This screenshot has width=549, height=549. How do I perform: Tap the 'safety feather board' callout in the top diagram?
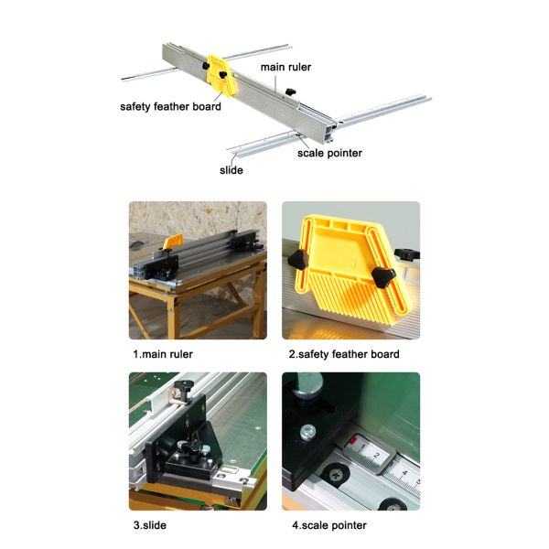click(x=170, y=106)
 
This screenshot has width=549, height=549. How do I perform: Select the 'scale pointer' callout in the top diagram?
click(x=329, y=153)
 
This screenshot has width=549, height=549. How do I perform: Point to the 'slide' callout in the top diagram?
click(x=231, y=170)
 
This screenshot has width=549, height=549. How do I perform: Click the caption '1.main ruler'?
click(x=163, y=354)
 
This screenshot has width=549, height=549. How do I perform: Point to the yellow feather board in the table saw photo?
click(x=172, y=240)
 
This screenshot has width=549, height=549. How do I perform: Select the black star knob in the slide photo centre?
click(x=194, y=450)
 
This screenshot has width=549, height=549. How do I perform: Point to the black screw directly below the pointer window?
click(x=339, y=475)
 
